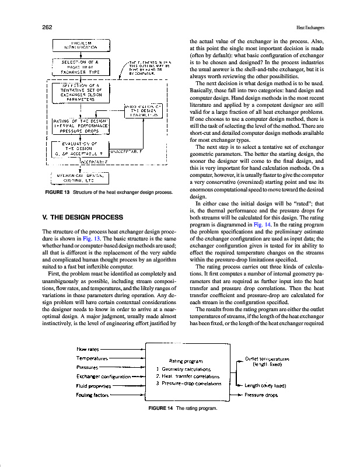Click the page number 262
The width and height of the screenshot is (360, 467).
48,27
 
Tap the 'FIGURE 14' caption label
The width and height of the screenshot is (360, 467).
160,407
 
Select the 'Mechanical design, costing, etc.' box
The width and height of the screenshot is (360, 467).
80,177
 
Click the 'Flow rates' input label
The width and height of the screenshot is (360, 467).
88,349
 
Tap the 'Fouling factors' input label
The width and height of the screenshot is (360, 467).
93,395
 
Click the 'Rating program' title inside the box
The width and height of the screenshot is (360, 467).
185,360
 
